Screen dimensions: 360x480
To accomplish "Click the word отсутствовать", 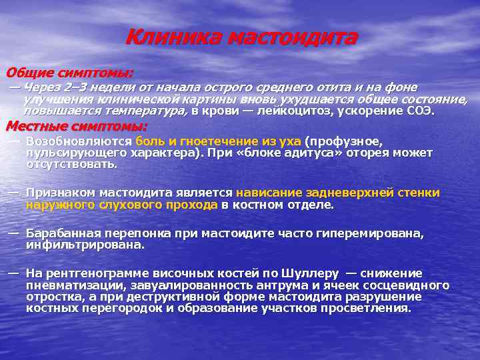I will coord(71,163).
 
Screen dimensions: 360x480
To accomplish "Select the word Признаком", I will coord(63,193).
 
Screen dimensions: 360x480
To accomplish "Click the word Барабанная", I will coord(65,234).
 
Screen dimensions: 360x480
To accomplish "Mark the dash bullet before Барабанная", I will coord(13,233).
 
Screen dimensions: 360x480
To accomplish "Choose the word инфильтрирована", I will coord(85,245).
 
